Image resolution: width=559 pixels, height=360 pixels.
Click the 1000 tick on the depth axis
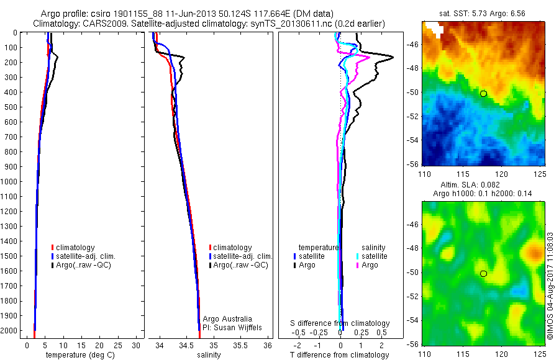pyautogui.click(x=10, y=182)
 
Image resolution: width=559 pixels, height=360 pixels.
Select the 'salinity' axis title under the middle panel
pyautogui.click(x=209, y=355)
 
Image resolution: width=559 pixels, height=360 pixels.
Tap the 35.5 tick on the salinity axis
pyautogui.click(x=240, y=345)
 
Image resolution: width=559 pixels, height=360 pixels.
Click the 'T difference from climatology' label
pyautogui.click(x=339, y=355)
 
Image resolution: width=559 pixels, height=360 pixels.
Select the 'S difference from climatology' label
pyautogui.click(x=340, y=323)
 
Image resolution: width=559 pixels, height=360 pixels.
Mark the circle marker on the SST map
pyautogui.click(x=483, y=94)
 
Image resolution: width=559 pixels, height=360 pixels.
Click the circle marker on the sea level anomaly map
pyautogui.click(x=483, y=273)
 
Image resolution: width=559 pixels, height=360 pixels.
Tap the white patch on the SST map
pyautogui.click(x=437, y=29)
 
